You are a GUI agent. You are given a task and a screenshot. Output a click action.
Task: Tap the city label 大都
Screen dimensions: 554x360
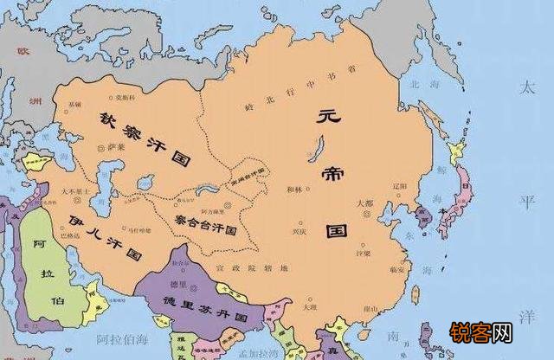click(x=366, y=203)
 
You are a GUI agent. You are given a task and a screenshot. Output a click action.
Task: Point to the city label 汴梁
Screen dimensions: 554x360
click(x=362, y=254)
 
